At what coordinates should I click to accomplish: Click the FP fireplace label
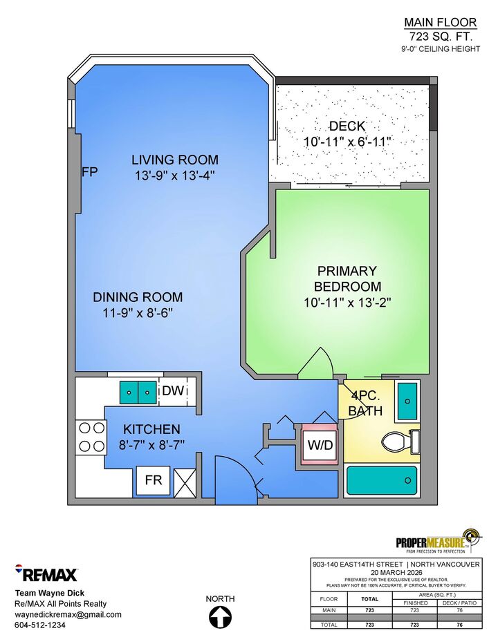(x=90, y=171)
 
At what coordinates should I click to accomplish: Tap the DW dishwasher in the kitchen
(x=173, y=390)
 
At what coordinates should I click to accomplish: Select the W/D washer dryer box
(x=320, y=444)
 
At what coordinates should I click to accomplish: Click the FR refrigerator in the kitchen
(x=154, y=480)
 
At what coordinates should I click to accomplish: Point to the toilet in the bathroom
(x=400, y=442)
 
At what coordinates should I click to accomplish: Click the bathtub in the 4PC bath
(x=382, y=480)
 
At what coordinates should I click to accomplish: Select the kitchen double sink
(x=138, y=392)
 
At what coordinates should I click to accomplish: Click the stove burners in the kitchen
(x=91, y=437)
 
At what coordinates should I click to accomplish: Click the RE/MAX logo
(x=46, y=574)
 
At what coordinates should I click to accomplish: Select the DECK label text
(x=347, y=126)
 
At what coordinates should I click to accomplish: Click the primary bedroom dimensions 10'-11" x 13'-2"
(x=347, y=303)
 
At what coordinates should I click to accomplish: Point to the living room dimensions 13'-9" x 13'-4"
(x=175, y=176)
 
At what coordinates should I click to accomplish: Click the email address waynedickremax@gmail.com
(x=68, y=614)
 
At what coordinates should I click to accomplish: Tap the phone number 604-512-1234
(x=40, y=625)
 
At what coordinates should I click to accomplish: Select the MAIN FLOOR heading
(x=441, y=23)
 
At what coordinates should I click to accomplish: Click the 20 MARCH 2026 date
(x=396, y=573)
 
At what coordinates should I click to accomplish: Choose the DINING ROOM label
(x=138, y=297)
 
